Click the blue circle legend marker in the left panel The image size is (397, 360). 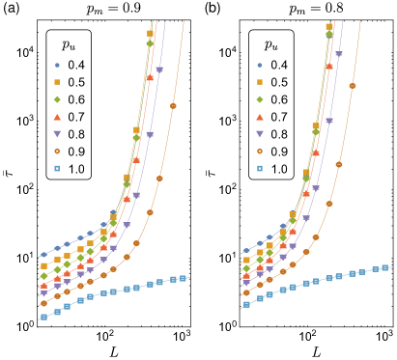click(x=57, y=65)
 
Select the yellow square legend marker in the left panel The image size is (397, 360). click(x=57, y=82)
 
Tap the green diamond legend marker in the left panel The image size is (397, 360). click(x=57, y=99)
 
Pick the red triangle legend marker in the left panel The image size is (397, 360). click(x=57, y=117)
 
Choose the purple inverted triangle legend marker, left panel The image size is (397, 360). click(x=57, y=133)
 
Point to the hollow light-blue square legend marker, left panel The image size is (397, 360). click(x=57, y=168)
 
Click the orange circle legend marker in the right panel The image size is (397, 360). click(x=260, y=151)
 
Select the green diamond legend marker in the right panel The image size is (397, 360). click(x=260, y=99)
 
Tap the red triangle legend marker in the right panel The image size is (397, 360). click(x=260, y=117)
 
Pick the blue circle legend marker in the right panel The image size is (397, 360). click(x=260, y=65)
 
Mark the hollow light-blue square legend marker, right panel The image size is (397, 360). click(x=260, y=168)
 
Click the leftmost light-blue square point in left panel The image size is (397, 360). click(x=43, y=317)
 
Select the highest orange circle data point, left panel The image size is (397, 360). click(x=174, y=105)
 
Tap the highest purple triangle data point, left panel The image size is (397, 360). click(x=159, y=69)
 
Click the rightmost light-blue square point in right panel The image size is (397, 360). click(x=385, y=267)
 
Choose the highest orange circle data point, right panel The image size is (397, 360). click(x=353, y=86)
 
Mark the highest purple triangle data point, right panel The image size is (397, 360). click(x=339, y=54)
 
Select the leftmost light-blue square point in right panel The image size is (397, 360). click(x=246, y=305)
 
